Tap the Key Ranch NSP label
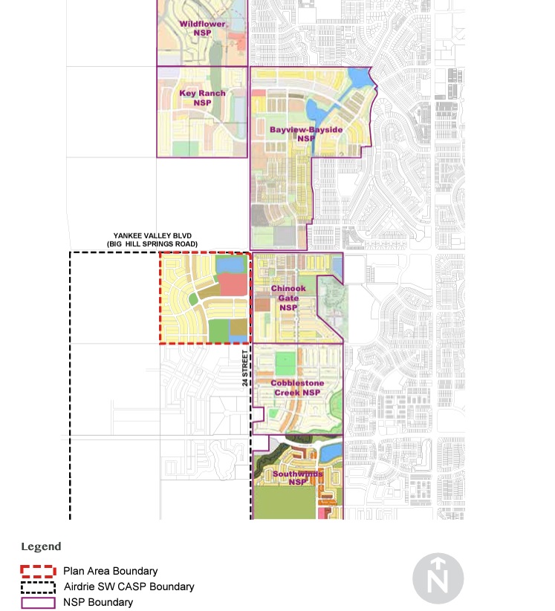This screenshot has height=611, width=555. (202, 98)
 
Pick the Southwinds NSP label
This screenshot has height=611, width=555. (298, 477)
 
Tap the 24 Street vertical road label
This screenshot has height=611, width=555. (244, 369)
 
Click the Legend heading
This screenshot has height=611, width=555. (41, 547)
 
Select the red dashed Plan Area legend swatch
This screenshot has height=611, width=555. (38, 571)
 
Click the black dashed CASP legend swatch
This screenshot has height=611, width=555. (38, 587)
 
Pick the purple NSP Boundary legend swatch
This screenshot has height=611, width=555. (38, 603)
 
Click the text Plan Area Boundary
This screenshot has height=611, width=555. (110, 571)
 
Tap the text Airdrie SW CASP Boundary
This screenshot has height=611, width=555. (129, 587)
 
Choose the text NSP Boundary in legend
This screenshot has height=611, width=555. (98, 603)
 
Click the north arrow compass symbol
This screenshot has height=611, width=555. (438, 578)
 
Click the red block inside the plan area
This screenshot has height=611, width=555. (233, 285)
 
